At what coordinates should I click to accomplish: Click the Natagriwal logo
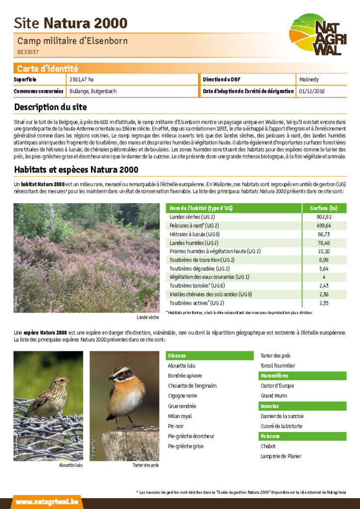318,34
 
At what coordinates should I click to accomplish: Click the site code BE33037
28,52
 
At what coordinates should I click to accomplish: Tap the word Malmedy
309,80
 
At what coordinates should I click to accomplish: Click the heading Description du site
50,107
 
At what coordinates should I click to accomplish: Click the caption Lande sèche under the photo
148,317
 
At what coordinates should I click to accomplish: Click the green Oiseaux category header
177,356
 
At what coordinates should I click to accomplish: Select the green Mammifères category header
274,376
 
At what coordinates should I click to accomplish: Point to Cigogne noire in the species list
183,396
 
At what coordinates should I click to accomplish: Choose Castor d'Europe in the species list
277,386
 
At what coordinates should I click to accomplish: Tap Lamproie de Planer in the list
281,456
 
